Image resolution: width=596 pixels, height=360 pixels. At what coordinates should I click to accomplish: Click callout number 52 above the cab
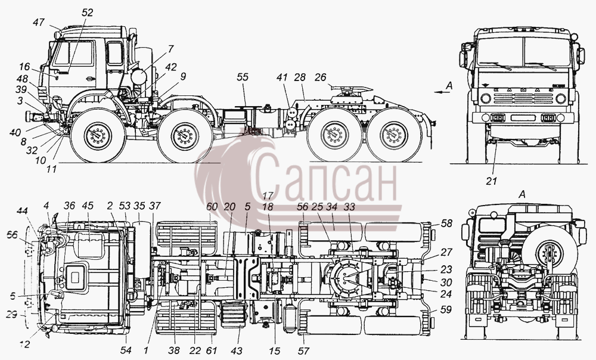point(87,13)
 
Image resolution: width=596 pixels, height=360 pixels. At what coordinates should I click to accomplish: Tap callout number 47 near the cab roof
point(38,23)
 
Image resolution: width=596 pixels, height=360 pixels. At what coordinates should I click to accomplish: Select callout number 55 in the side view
point(243,77)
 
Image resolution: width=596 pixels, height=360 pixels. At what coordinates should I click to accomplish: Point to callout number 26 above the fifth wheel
point(321,77)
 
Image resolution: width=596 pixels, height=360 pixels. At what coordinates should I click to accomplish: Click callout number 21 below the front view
point(492,181)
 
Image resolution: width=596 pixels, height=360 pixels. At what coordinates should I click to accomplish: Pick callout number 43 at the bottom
point(236,350)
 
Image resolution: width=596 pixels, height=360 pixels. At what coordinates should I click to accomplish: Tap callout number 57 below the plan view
point(303,350)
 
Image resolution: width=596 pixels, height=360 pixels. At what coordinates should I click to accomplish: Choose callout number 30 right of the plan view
point(446,283)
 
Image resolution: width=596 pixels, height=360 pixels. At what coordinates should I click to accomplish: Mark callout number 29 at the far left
point(12,315)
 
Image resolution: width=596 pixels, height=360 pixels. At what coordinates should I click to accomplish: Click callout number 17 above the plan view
point(268,196)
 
